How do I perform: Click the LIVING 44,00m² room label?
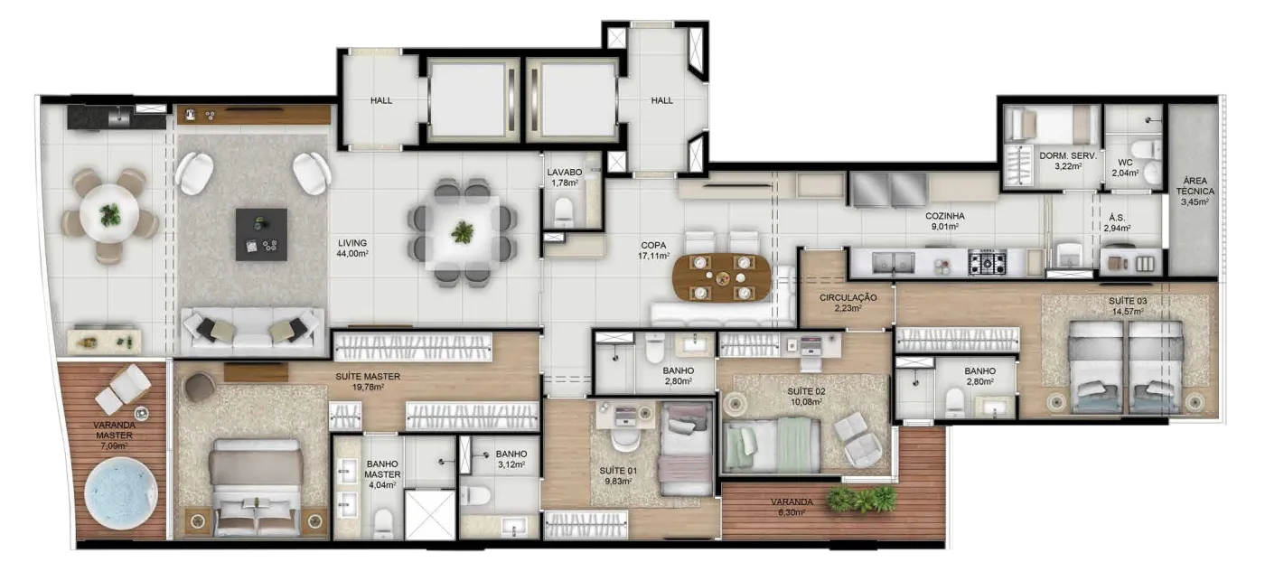352,248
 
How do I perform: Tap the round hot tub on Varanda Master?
121,493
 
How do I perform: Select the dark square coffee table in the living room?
261,234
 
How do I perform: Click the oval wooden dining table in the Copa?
722,277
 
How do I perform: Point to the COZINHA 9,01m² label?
945,220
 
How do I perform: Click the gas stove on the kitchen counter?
988,263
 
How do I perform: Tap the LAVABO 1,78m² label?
564,177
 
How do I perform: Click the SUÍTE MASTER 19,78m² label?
368,381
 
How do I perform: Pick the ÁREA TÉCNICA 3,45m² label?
1195,191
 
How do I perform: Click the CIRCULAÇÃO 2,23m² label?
848,303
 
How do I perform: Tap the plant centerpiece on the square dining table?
463,231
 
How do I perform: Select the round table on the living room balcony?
109,214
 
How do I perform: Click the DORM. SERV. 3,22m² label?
1068,161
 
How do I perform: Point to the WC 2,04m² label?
1125,168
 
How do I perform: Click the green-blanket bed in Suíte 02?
772,445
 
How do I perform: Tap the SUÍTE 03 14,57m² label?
1128,306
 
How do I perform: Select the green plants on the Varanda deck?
862,499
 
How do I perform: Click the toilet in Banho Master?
383,523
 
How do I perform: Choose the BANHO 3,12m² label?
511,459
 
